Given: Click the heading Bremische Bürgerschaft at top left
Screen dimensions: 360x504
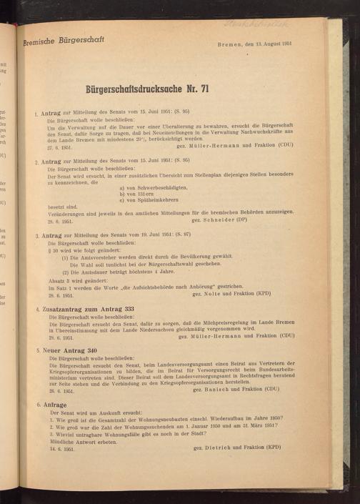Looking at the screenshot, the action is (x=64, y=41).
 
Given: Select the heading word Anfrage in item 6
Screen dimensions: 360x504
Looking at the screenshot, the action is (x=55, y=405).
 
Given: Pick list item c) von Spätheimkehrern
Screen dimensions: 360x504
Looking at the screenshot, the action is (x=145, y=201).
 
